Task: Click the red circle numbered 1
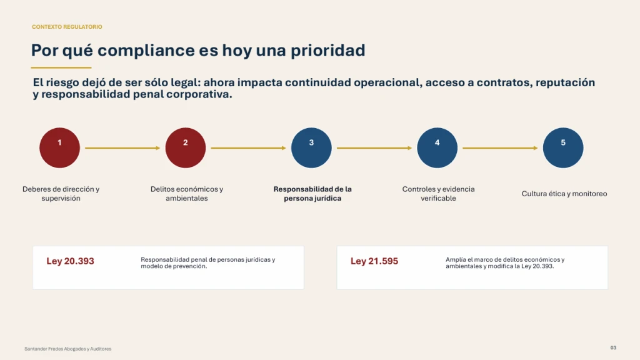pos(59,147)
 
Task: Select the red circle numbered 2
pos(185,147)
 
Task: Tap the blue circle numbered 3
pos(311,147)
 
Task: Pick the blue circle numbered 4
pos(437,147)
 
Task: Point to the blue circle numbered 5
pos(563,147)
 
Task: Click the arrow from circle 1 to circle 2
pos(122,148)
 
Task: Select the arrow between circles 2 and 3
pos(248,148)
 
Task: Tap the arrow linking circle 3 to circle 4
pos(374,148)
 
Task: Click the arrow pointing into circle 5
pos(500,148)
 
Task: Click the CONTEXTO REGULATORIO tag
pos(67,27)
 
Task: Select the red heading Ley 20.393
pos(70,261)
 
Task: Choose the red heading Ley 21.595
pos(374,261)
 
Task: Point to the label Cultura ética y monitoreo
pos(564,194)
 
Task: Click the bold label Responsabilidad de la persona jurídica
pos(312,194)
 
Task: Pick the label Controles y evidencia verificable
pos(438,194)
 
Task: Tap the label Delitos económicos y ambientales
pos(186,194)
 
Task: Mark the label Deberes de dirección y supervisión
pos(61,194)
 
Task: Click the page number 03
pos(613,347)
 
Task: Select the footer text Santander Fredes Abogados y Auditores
pos(67,349)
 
